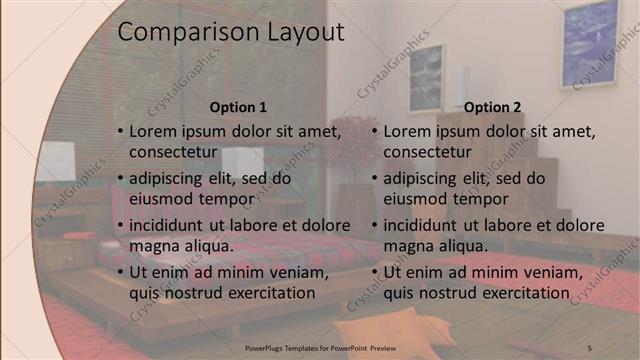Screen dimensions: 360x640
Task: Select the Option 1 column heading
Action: click(238, 107)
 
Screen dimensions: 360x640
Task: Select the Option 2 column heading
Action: click(493, 107)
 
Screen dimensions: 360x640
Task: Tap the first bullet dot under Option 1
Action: click(120, 132)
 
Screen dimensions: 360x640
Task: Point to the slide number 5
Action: click(589, 346)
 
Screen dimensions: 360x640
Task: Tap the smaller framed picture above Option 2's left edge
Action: click(424, 78)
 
